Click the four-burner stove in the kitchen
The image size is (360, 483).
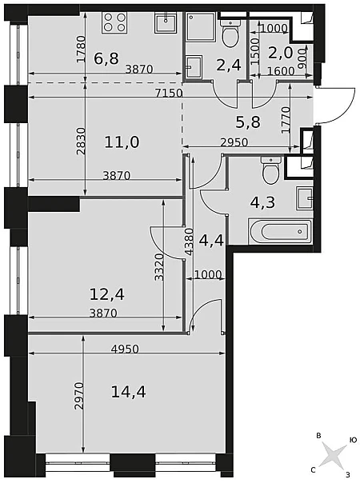pyautogui.click(x=114, y=23)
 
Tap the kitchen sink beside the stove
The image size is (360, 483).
pyautogui.click(x=166, y=23)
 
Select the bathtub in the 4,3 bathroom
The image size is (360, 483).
pyautogui.click(x=280, y=231)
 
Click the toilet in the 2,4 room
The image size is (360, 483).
pyautogui.click(x=230, y=33)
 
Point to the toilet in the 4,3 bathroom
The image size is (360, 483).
pyautogui.click(x=270, y=170)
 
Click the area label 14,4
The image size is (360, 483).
pyautogui.click(x=128, y=392)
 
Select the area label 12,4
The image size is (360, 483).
pyautogui.click(x=107, y=294)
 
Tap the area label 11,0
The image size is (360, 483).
pyautogui.click(x=122, y=142)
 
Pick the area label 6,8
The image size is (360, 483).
pyautogui.click(x=106, y=58)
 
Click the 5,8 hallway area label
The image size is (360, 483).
pyautogui.click(x=248, y=122)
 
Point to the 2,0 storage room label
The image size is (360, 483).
pyautogui.click(x=280, y=53)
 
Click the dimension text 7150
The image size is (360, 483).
pyautogui.click(x=169, y=93)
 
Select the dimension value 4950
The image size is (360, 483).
pyautogui.click(x=125, y=349)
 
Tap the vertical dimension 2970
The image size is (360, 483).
pyautogui.click(x=79, y=396)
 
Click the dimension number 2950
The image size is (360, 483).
pyautogui.click(x=234, y=142)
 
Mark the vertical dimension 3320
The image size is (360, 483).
pyautogui.click(x=159, y=267)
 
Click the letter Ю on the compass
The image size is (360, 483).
pyautogui.click(x=353, y=440)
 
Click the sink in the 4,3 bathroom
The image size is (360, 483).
pyautogui.click(x=305, y=198)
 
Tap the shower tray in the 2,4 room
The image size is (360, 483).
pyautogui.click(x=201, y=26)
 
